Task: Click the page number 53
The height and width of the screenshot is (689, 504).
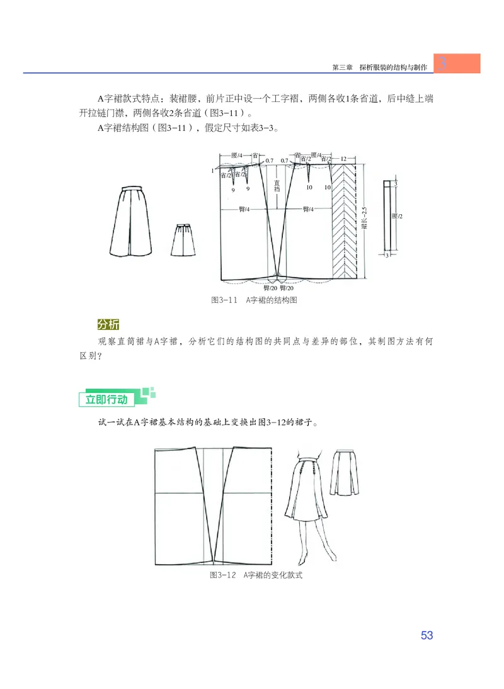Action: [x=427, y=635]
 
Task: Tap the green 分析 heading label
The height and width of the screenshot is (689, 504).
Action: [x=108, y=324]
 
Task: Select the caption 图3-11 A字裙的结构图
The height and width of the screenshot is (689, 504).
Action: [x=253, y=300]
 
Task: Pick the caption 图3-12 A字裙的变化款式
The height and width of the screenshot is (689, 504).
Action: [x=256, y=576]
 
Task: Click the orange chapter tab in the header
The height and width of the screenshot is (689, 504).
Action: [x=457, y=63]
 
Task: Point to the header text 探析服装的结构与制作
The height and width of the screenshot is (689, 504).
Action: [x=393, y=67]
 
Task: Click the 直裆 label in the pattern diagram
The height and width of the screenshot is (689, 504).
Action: [x=277, y=186]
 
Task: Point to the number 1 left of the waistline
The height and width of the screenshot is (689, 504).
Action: [x=212, y=171]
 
